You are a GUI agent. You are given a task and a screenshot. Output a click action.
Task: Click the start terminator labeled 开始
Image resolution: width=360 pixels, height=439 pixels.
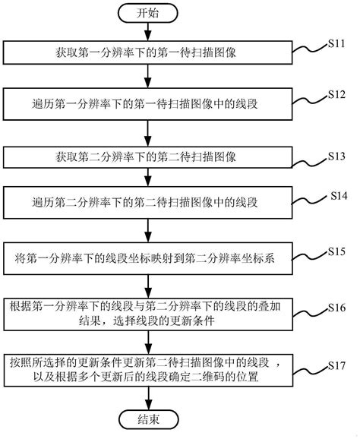click(148, 13)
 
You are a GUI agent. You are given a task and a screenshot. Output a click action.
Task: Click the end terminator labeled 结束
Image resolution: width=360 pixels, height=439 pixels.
click(148, 420)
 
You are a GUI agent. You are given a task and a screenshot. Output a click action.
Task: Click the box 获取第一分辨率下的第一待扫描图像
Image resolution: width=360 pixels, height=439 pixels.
click(148, 52)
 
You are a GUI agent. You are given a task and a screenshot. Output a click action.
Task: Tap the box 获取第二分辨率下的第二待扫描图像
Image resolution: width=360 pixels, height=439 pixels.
click(148, 157)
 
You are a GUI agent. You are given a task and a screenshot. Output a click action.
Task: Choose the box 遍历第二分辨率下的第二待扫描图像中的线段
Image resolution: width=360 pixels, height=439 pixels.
click(148, 204)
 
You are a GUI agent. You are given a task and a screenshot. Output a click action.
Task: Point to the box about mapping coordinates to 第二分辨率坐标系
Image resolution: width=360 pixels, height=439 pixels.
click(148, 258)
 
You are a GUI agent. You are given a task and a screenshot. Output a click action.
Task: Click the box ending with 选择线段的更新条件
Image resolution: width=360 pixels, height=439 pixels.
click(148, 315)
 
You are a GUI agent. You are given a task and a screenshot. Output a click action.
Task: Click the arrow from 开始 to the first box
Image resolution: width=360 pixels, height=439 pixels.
click(148, 32)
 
